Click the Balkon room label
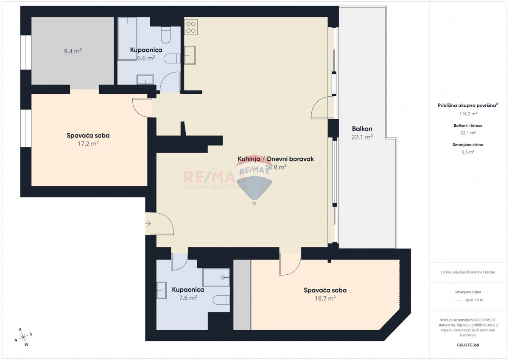coord(362,129)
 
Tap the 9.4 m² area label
coord(73,51)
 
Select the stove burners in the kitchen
coord(191,27)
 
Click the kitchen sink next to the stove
coord(190,55)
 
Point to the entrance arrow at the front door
coord(148,223)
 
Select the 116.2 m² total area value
coord(468,114)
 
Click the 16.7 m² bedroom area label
coord(325,298)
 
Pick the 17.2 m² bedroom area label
coord(88,144)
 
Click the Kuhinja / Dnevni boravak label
coord(275,159)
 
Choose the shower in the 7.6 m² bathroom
coord(216,278)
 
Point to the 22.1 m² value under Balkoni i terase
coord(468,133)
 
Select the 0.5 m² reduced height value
coord(468,152)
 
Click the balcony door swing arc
coord(319,108)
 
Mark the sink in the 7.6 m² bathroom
coord(162,290)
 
